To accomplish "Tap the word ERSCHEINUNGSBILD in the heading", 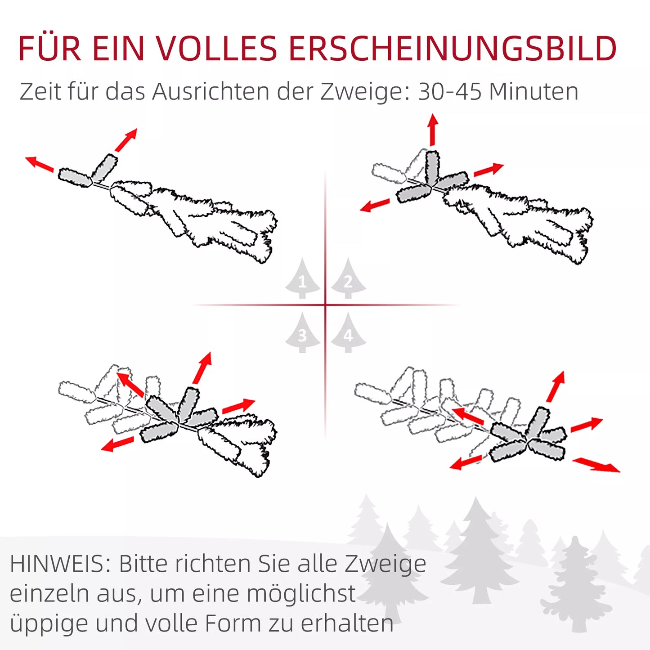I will point(452,48).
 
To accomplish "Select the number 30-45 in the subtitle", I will point(449,92).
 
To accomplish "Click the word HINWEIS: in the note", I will point(60,564).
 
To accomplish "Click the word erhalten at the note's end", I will point(347,623).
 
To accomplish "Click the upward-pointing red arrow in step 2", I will point(433,130).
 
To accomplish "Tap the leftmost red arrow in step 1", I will point(39,164).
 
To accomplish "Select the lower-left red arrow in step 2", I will point(375,206).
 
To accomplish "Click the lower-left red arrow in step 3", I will point(117,444).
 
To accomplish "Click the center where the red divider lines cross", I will point(325,305).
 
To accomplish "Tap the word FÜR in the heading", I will point(49,48).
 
